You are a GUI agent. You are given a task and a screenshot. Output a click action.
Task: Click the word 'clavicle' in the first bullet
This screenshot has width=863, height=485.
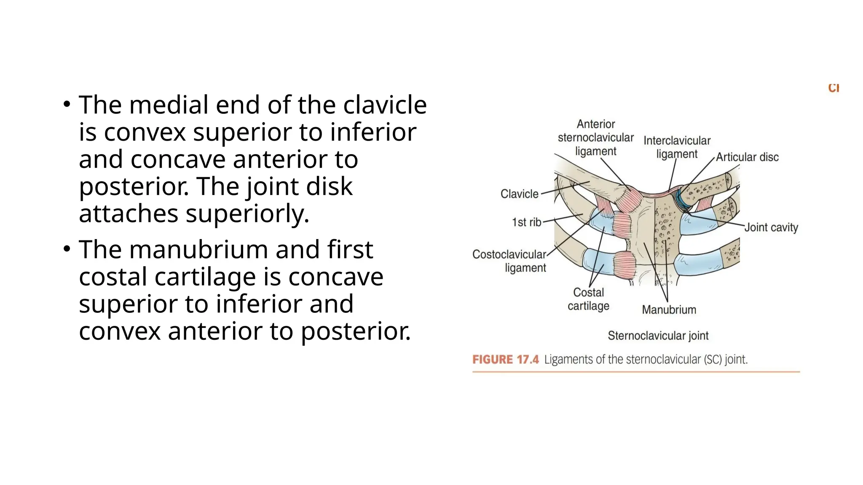(385, 105)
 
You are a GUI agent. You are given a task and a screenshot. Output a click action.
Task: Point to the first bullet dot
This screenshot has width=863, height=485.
(67, 104)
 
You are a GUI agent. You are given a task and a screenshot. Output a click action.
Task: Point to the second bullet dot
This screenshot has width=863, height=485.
(67, 249)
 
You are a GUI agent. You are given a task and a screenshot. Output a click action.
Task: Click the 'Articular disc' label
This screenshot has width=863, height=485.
(747, 157)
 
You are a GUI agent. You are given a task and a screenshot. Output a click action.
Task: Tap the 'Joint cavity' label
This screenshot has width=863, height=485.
(771, 228)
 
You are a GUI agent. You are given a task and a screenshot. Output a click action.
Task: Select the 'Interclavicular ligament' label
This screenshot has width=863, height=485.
(677, 147)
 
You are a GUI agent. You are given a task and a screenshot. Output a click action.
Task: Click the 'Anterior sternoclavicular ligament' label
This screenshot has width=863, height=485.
(596, 138)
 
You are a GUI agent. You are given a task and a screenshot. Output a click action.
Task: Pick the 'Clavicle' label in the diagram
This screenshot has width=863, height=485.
(519, 194)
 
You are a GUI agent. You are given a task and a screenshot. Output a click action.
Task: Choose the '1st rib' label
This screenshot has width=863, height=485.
(526, 222)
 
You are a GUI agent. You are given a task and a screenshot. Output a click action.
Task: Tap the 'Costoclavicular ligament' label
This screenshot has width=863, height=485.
(509, 261)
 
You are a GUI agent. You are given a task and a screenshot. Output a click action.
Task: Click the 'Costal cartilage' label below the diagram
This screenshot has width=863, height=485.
(588, 299)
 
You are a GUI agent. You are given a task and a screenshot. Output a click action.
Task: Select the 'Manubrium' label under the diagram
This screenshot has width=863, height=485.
(669, 310)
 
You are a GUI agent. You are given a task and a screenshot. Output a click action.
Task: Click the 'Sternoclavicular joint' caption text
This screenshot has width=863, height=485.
(658, 336)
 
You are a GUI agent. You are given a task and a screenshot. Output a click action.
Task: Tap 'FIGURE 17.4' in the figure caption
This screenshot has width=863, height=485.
(505, 360)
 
